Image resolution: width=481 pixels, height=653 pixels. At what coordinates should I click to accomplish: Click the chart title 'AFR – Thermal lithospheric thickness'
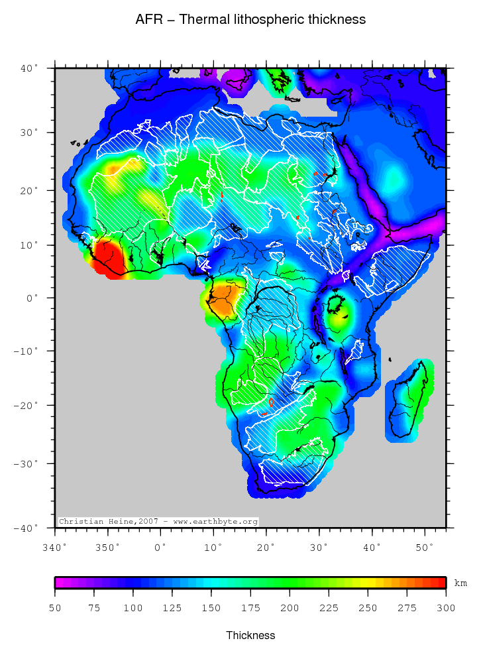tap(250, 20)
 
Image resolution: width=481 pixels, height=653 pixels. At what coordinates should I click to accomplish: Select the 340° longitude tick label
tap(54, 548)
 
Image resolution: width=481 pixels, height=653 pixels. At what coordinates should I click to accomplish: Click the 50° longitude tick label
tap(424, 548)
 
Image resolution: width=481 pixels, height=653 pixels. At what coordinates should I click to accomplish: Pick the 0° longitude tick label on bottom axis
tap(160, 548)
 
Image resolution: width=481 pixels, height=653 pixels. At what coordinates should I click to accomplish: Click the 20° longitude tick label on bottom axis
tap(266, 548)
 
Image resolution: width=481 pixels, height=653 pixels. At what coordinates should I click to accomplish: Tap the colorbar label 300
tap(445, 607)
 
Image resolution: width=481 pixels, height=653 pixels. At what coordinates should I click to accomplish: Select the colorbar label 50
tap(55, 607)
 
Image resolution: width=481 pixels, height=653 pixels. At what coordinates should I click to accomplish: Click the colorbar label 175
tap(250, 607)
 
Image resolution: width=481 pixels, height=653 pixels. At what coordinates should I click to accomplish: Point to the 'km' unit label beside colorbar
tap(460, 583)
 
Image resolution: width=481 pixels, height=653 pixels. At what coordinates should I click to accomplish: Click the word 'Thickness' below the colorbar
tap(250, 635)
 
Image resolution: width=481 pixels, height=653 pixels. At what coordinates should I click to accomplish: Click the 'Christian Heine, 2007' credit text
tap(109, 522)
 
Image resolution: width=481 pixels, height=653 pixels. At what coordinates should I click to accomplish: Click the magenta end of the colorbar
tap(60, 583)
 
